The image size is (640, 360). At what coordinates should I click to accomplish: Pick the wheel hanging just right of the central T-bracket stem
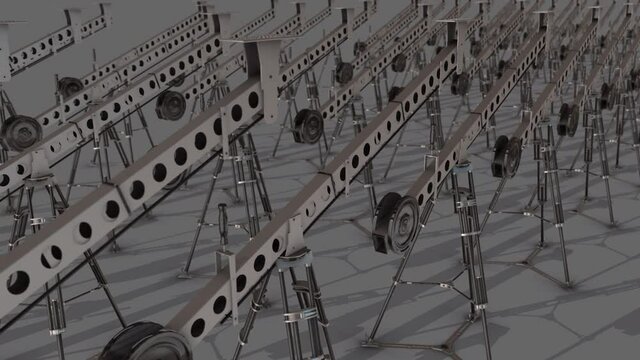point(308,125)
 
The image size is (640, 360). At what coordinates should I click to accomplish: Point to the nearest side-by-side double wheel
point(507,157)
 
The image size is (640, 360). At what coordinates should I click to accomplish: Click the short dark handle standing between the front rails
point(222,225)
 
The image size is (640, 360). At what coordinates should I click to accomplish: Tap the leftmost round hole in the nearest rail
point(17,282)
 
